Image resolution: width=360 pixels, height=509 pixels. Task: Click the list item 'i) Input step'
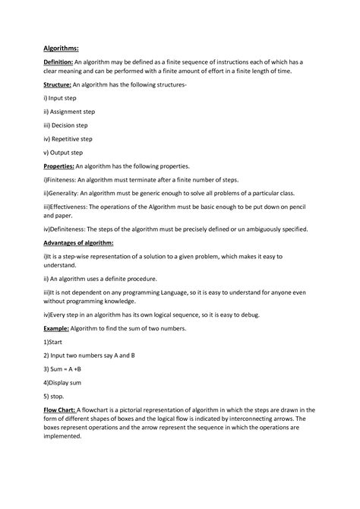tap(64, 98)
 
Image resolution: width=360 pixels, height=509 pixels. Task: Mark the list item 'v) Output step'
tap(65, 153)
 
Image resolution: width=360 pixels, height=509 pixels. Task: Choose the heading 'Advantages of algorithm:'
tap(78, 242)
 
